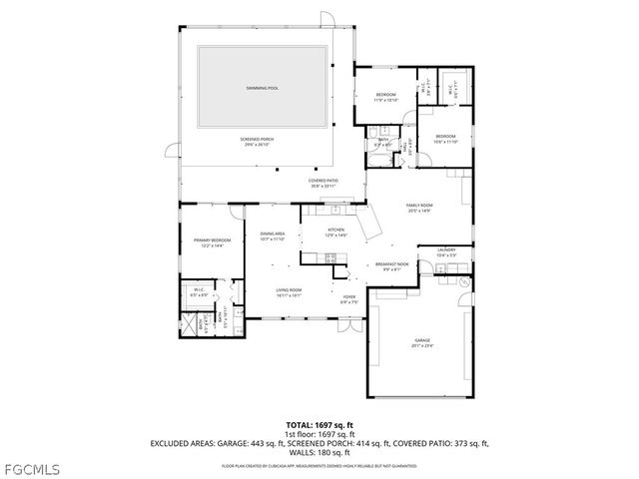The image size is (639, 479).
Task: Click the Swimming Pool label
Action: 263,89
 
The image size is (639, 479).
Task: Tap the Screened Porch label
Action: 259,142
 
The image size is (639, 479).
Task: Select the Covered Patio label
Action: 321,183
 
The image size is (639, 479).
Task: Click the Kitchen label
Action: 336,232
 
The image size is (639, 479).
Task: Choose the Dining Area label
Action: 273,237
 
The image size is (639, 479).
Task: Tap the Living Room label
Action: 289,292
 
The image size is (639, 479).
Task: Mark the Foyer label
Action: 348,298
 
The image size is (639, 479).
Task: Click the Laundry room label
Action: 445,253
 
